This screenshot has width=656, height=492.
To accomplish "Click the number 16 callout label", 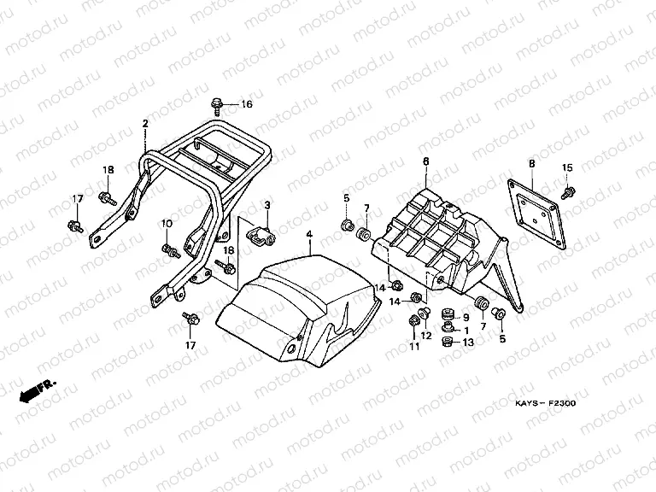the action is click(246, 105).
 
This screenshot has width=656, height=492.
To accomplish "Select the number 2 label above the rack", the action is click(145, 124).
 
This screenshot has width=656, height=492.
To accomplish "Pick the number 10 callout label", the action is click(167, 223).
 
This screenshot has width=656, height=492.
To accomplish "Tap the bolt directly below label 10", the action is click(168, 249).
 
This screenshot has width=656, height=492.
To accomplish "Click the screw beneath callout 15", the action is click(565, 191).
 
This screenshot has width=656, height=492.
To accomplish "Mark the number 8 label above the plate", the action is click(531, 163).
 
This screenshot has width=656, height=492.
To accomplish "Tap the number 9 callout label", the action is click(466, 318).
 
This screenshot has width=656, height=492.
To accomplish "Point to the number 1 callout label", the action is click(466, 330).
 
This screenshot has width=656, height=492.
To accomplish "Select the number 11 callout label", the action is click(413, 346).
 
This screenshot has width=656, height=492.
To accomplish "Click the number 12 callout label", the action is click(426, 336).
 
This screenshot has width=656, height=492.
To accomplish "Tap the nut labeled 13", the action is click(445, 343).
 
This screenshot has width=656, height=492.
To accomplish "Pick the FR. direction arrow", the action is click(32, 389).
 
